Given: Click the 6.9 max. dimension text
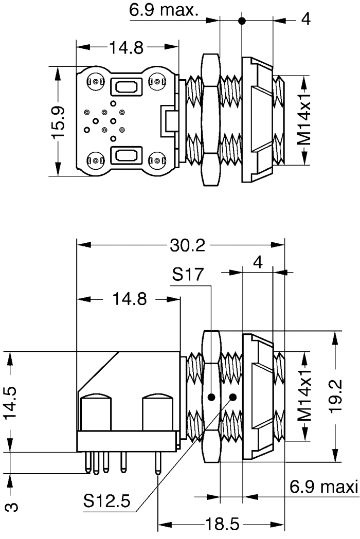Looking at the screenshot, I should point(164,11).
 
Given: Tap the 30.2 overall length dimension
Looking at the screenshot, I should point(187,245).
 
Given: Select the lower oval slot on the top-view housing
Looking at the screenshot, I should point(125,154).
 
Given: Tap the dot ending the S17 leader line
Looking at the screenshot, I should point(211,398).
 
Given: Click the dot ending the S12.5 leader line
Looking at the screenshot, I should point(233,397).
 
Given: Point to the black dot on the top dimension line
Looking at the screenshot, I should point(242,21).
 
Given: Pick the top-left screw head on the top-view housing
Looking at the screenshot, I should point(96,82).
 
